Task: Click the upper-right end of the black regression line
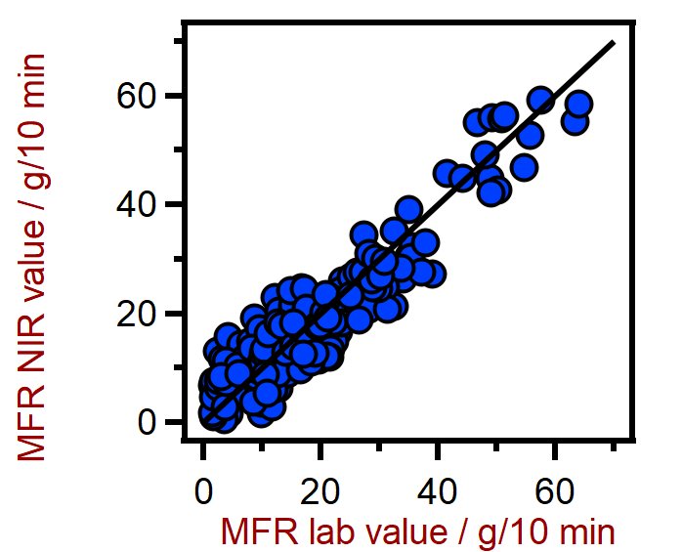pyautogui.click(x=614, y=42)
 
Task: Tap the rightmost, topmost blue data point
pyautogui.click(x=578, y=105)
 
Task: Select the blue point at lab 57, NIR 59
pyautogui.click(x=540, y=100)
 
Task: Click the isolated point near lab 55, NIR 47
pyautogui.click(x=524, y=167)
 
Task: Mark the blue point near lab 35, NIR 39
pyautogui.click(x=408, y=209)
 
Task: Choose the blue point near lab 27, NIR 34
pyautogui.click(x=364, y=234)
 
